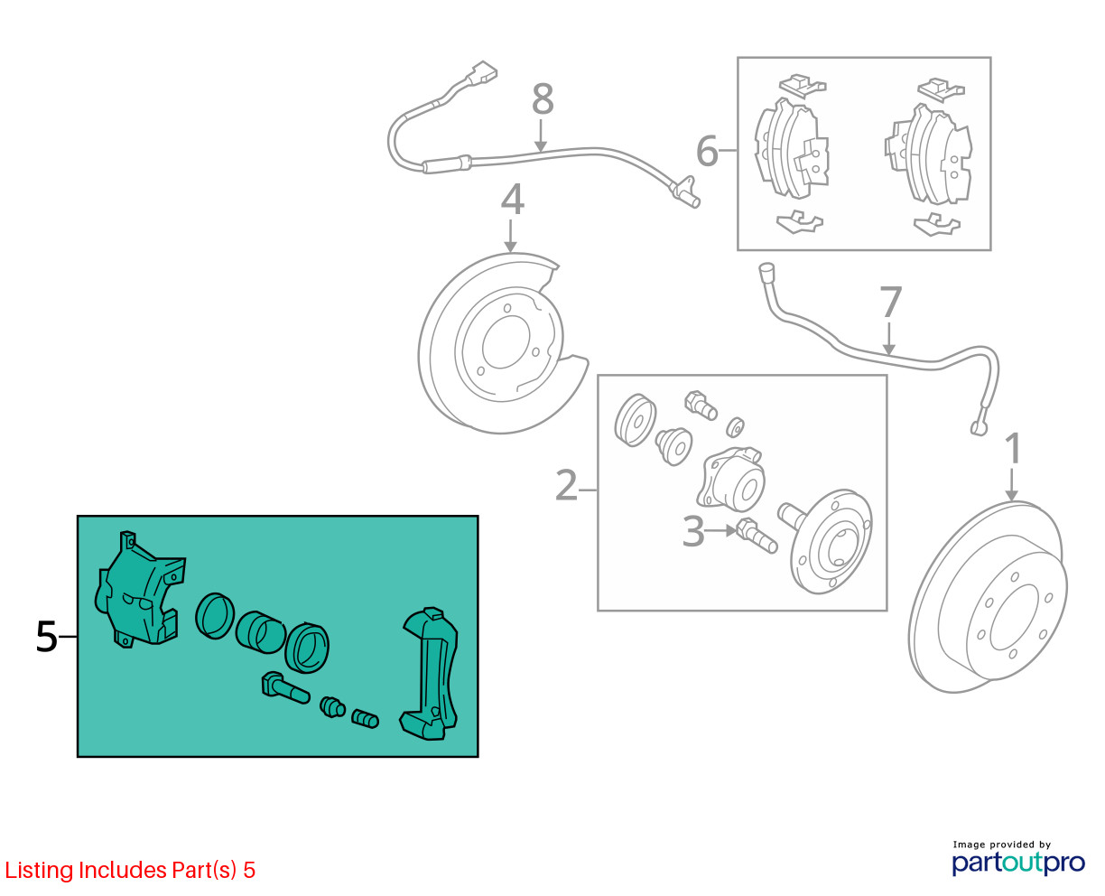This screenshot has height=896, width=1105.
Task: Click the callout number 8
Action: (x=543, y=98)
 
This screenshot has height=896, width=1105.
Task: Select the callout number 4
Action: (x=512, y=199)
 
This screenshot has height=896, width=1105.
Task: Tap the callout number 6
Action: (x=707, y=151)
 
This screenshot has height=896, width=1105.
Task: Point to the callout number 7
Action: (x=891, y=302)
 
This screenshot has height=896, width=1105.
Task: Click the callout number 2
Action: (x=566, y=485)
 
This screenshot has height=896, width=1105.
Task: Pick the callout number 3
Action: (x=693, y=531)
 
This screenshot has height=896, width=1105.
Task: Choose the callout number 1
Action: (x=1012, y=449)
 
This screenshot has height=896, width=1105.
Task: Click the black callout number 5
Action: (x=46, y=637)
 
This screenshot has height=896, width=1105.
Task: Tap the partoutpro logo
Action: (x=1017, y=863)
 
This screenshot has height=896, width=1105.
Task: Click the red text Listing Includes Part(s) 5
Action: (x=130, y=870)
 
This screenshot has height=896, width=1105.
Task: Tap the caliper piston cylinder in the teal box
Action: (x=259, y=632)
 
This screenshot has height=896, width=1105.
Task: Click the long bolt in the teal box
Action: (x=285, y=688)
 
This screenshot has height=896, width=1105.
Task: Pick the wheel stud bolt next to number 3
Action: (x=757, y=537)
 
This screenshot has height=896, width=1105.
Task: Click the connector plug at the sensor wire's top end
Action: (x=480, y=74)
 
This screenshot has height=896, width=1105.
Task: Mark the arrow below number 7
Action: (x=888, y=339)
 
